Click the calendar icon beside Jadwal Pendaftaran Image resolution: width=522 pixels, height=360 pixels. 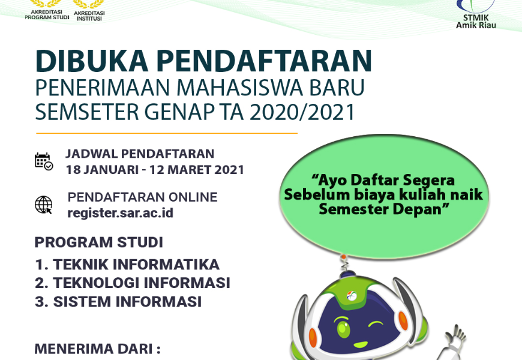click(x=44, y=161)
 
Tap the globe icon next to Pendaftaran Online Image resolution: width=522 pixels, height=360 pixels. click(x=44, y=205)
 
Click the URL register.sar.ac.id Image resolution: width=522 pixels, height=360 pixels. click(x=121, y=213)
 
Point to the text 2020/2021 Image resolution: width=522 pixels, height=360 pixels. click(x=302, y=112)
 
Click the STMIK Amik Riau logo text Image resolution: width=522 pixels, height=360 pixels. click(x=476, y=22)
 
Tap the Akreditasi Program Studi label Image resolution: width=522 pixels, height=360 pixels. click(x=47, y=14)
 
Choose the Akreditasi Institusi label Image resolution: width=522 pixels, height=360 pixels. click(x=89, y=16)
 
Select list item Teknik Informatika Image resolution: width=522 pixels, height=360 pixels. click(x=127, y=265)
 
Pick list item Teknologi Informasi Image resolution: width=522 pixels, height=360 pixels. click(x=133, y=283)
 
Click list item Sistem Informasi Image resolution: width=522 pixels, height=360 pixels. click(x=118, y=301)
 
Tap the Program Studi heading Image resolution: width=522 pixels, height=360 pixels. click(x=99, y=242)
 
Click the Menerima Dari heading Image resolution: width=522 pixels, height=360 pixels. click(x=98, y=349)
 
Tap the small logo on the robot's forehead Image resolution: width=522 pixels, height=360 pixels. click(x=352, y=295)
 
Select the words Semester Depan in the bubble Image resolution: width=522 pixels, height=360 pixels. click(x=384, y=209)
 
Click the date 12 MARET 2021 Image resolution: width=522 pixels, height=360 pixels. click(x=197, y=170)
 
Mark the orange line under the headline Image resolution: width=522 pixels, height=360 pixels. click(x=167, y=133)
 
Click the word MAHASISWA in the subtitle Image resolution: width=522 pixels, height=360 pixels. click(x=239, y=88)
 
